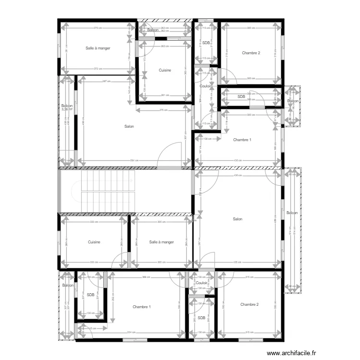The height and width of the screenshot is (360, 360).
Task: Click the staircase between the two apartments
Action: click(108, 191)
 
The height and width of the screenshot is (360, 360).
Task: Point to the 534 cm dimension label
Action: click(144, 332)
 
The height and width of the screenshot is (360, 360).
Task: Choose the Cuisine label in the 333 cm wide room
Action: click(94, 242)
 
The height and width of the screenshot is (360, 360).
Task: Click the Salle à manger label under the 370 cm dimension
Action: click(98, 48)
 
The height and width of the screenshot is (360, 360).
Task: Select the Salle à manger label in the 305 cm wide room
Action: click(161, 242)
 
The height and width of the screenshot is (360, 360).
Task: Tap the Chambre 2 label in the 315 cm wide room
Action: click(250, 304)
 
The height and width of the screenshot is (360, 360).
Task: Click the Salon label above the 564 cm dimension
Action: click(129, 127)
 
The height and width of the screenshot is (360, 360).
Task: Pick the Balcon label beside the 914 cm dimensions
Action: click(292, 213)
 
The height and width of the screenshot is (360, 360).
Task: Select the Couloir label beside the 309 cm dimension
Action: click(205, 86)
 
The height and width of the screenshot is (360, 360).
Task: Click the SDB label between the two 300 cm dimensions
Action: click(241, 97)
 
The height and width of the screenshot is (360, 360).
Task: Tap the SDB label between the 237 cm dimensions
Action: click(90, 295)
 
